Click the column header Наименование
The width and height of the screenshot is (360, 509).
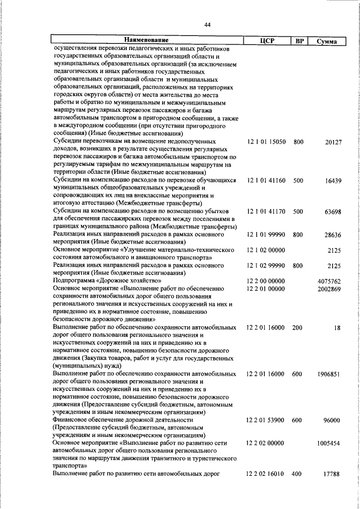pyautogui.click(x=146, y=40)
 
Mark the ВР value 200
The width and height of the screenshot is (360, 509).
pyautogui.click(x=298, y=327)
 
